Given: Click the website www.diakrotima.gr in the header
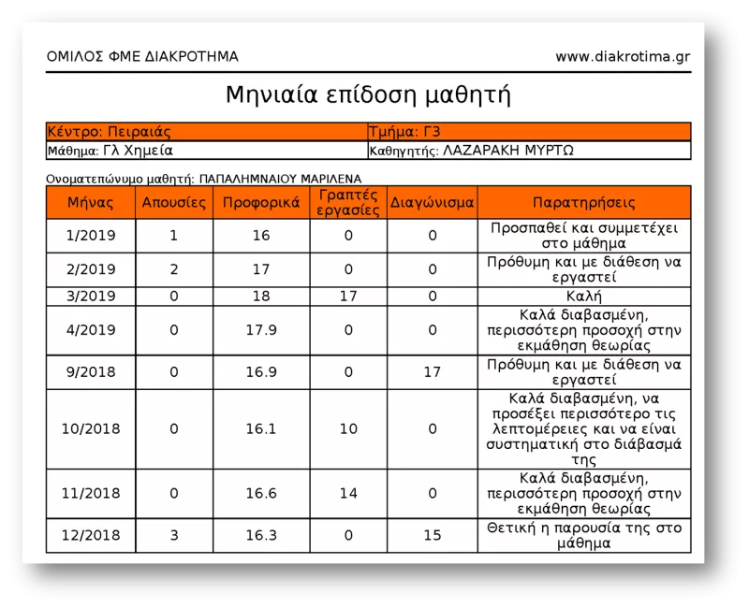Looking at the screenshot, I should pos(623,56).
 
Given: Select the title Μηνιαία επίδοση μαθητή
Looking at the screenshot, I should pos(368,95).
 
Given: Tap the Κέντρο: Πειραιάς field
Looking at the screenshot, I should pos(109,132).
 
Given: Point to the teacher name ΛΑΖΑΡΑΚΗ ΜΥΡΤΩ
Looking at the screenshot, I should pos(508,150).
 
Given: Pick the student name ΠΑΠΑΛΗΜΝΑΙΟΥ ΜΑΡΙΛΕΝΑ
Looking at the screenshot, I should pos(281,178).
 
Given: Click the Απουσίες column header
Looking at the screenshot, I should pos(173,202).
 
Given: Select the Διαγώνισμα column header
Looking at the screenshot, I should pos(433,202).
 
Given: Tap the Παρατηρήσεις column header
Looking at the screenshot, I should pos(584,202).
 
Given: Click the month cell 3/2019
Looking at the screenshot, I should pos(92,296).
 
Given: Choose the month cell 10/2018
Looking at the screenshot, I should pos(92,428).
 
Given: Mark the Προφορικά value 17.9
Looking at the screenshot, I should pos(261,329).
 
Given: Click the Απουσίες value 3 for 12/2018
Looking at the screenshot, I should pos(173,535).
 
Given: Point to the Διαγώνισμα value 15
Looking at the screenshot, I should pos(433,535).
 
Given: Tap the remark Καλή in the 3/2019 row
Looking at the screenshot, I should pos(584,296).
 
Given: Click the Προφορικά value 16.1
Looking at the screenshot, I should pos(261,428).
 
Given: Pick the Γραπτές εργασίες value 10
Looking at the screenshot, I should pos(348,428).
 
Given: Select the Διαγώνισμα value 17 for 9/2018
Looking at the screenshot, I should pos(433,371).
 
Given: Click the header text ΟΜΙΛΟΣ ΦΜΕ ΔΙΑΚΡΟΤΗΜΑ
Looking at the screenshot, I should pos(142,56).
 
